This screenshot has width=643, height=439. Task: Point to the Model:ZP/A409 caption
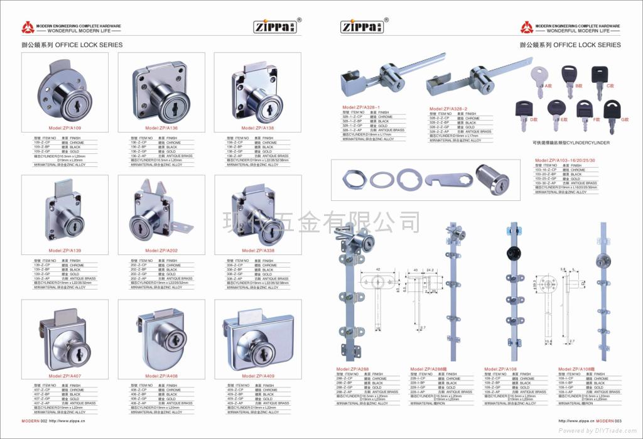[259, 376]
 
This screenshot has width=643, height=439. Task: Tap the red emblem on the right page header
[526, 27]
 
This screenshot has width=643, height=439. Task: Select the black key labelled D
[524, 111]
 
